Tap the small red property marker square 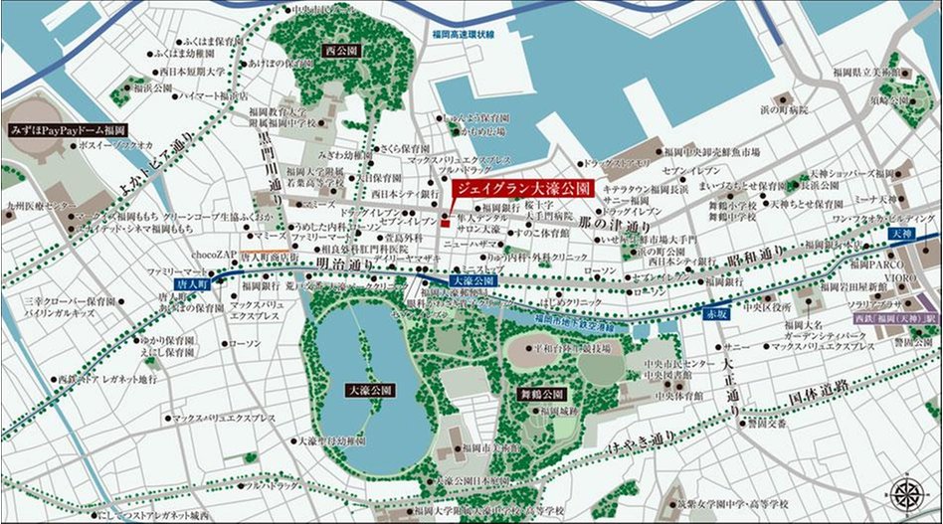coord(445,219)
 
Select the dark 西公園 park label coord(341,49)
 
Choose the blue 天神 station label coord(901,233)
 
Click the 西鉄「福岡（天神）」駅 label coord(895,318)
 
